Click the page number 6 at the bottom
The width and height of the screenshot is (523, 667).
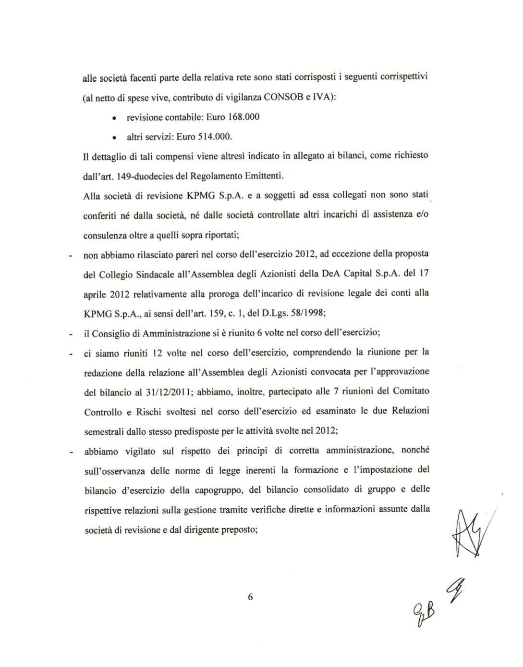pos(250,597)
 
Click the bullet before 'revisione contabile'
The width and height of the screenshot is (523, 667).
pos(113,118)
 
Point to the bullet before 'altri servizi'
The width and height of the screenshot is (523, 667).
pos(113,138)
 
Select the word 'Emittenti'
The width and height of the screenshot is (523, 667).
pos(264,176)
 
